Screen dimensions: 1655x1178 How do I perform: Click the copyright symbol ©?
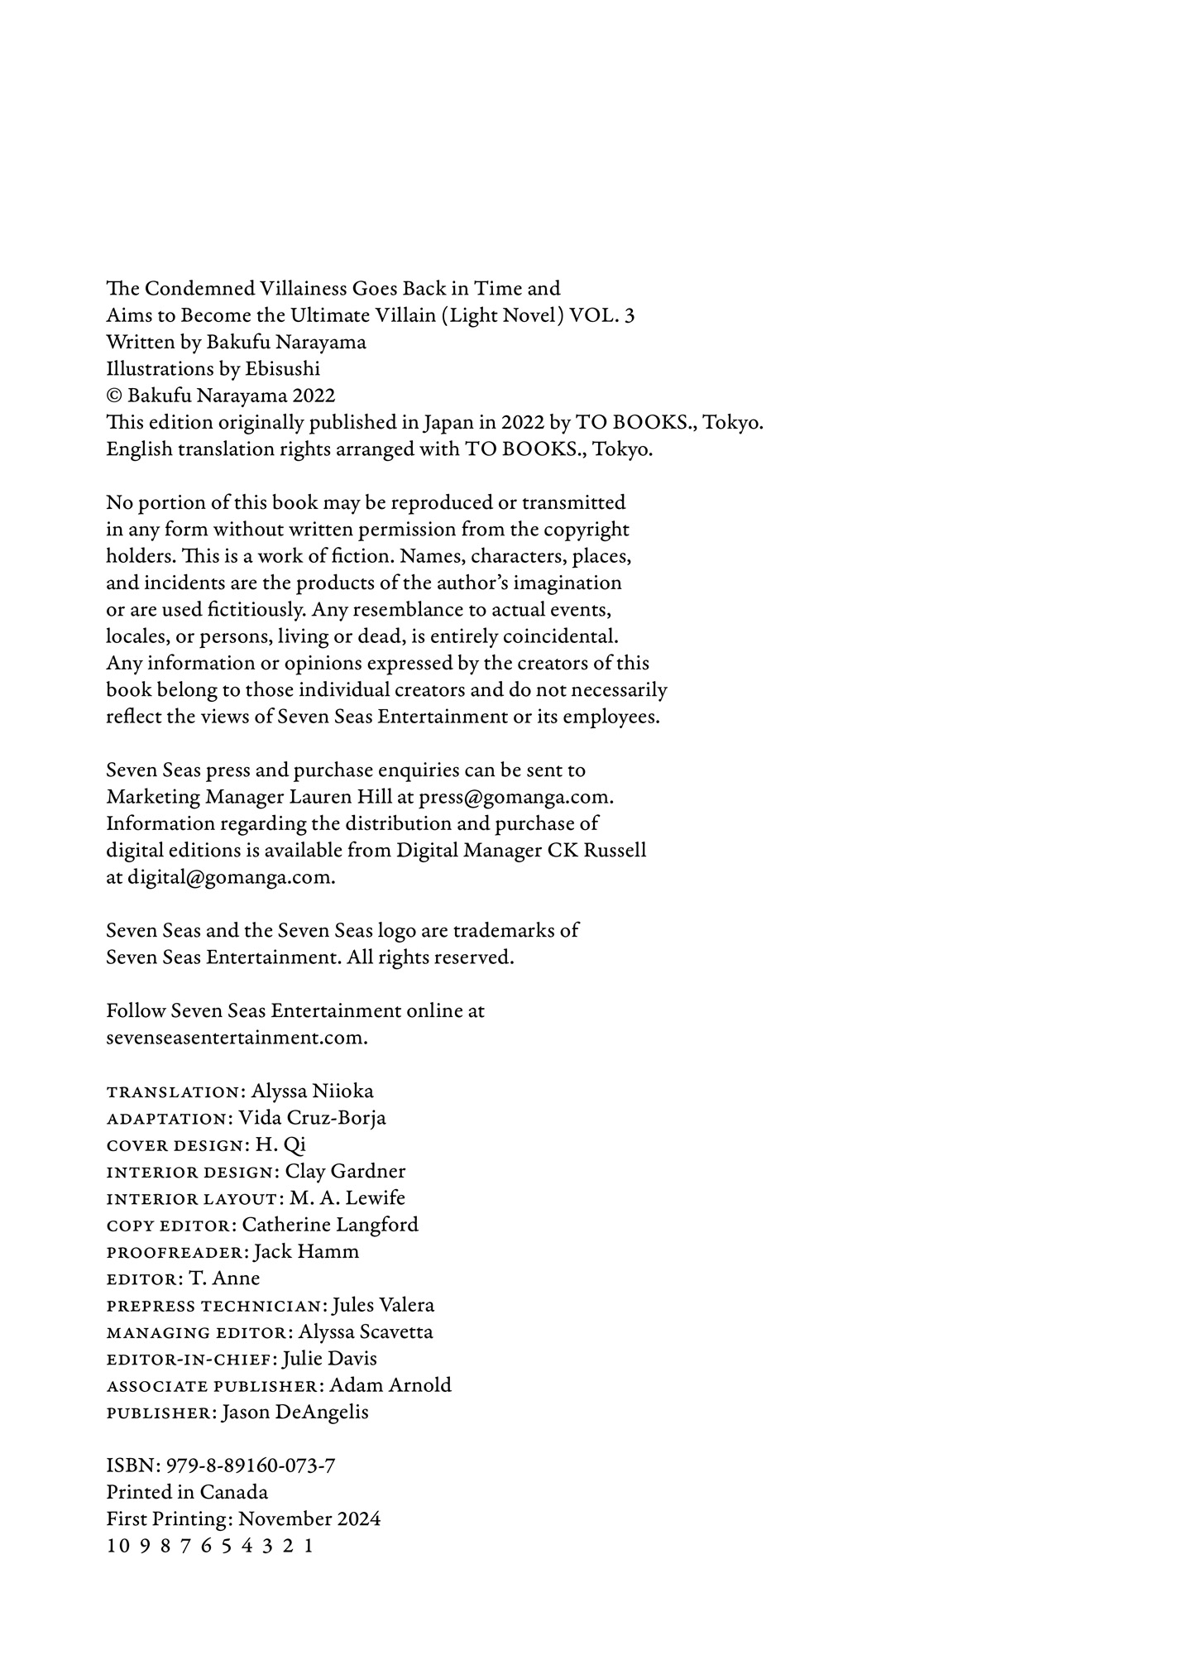tap(114, 396)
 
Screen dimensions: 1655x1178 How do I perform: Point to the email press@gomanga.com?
tap(515, 798)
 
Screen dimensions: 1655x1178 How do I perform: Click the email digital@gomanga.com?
tap(231, 878)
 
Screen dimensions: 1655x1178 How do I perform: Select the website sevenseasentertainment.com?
tap(237, 1038)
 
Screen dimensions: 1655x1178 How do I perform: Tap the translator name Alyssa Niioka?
tap(312, 1091)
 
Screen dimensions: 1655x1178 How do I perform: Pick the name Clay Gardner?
tap(345, 1172)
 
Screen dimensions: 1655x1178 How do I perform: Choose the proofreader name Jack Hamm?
tap(306, 1252)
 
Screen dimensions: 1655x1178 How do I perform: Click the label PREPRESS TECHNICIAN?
tap(213, 1307)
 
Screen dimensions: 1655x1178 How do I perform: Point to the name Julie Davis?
tap(329, 1359)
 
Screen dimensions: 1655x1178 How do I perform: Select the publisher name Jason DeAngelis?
tap(295, 1413)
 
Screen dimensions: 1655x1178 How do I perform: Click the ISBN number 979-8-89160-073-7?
tap(250, 1466)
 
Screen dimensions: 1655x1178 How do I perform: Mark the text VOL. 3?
tap(602, 315)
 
